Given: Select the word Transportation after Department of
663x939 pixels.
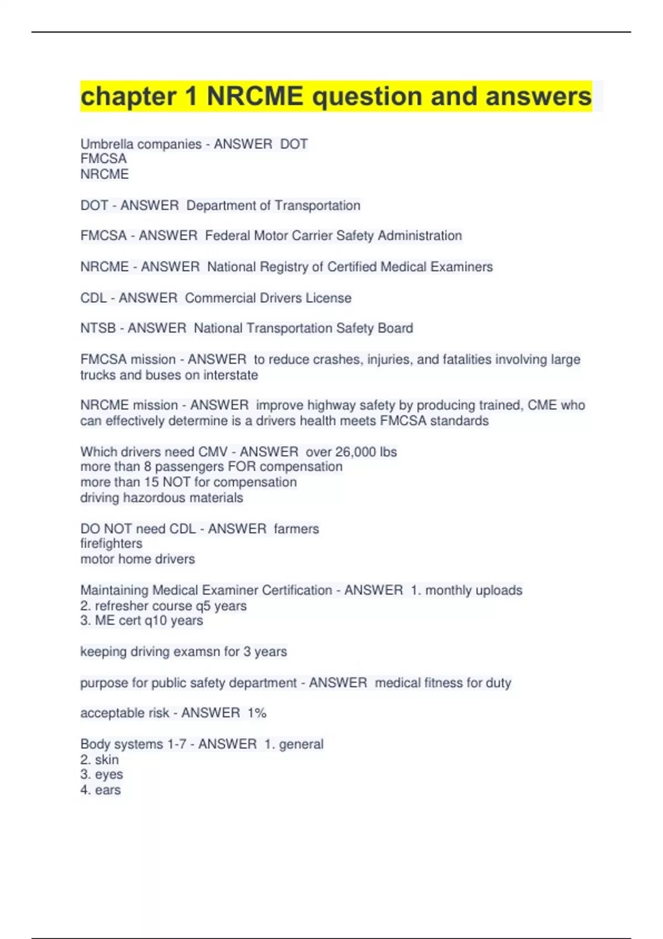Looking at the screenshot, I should click(317, 205).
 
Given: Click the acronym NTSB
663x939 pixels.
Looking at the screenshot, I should click(98, 329).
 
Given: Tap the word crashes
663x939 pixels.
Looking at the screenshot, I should click(336, 360).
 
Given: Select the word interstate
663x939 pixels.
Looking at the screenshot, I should click(230, 375).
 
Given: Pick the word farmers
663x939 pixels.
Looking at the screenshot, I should click(296, 529).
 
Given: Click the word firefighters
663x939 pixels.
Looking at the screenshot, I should click(111, 544).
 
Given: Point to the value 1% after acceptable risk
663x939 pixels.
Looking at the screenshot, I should click(257, 713).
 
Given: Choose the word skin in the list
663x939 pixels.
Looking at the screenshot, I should click(107, 760).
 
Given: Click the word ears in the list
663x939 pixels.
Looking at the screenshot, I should click(108, 790).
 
